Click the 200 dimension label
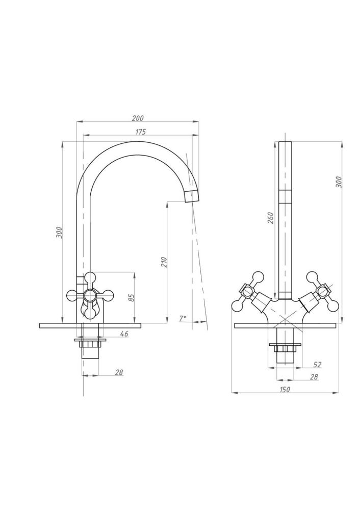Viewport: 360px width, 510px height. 138,118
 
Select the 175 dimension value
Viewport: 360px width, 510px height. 141,132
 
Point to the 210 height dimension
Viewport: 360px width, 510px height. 164,262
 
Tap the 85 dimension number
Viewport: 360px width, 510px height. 132,297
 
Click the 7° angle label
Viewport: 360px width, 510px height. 183,318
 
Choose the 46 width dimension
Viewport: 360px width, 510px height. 124,334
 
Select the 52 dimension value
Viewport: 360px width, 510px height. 317,365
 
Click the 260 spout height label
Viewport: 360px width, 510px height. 271,218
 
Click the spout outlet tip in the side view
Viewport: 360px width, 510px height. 192,196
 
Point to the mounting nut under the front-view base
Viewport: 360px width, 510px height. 285,347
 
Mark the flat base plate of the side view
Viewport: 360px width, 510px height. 90,325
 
